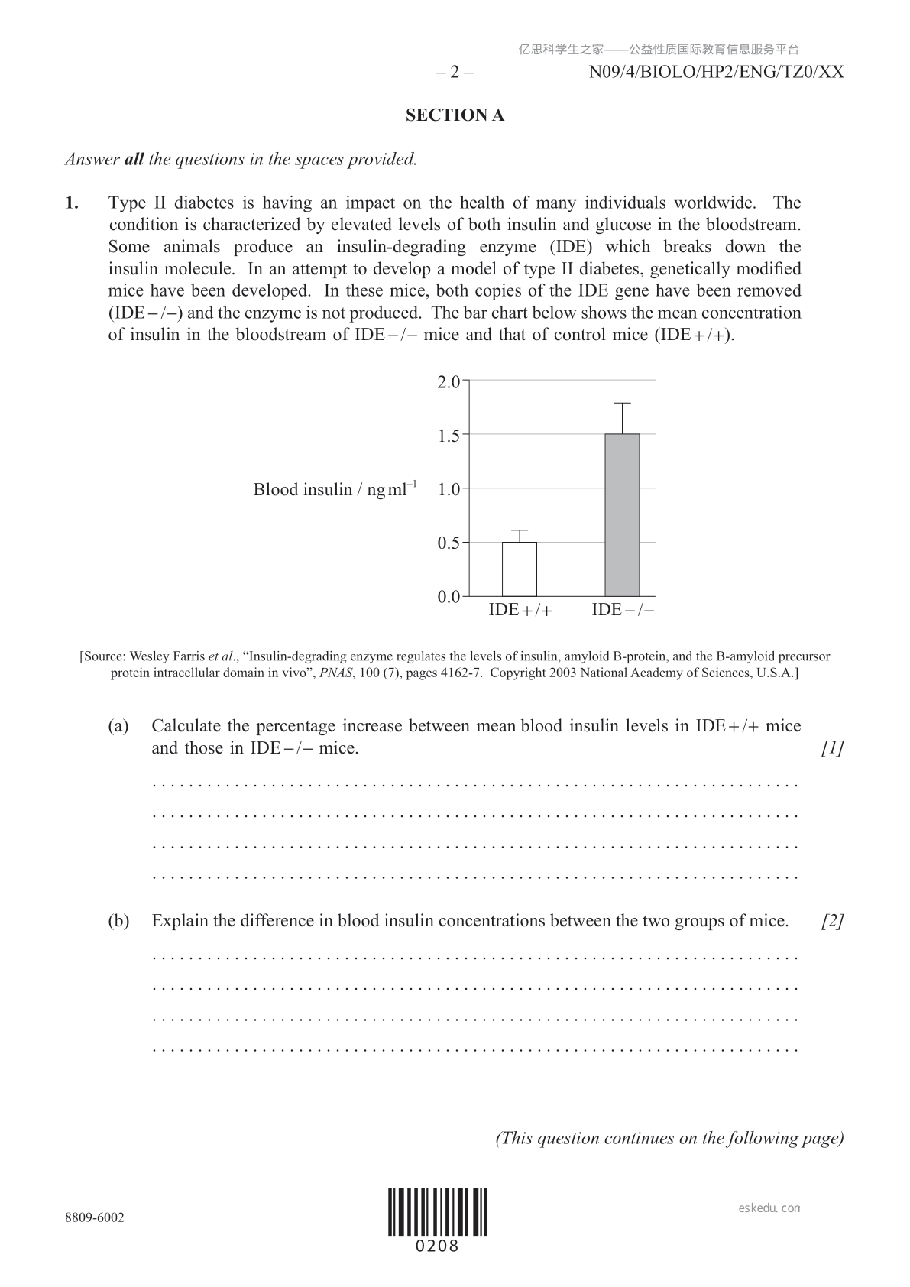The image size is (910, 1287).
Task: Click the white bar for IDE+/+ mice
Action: (x=519, y=569)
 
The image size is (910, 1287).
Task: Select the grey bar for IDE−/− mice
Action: (x=622, y=515)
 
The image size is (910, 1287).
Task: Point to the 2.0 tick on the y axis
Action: (x=449, y=381)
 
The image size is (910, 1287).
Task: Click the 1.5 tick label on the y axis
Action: (x=449, y=436)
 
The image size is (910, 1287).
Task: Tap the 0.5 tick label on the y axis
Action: (x=449, y=543)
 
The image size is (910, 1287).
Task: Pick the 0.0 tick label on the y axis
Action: (x=449, y=597)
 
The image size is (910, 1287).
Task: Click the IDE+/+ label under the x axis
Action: (x=520, y=610)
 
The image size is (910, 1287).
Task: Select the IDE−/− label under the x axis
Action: (x=623, y=610)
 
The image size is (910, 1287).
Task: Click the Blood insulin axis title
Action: (x=335, y=489)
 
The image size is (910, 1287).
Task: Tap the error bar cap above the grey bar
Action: (x=622, y=403)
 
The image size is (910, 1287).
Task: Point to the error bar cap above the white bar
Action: (x=520, y=530)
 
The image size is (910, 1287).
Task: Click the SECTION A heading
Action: (x=455, y=115)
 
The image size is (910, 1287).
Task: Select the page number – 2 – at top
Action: (x=455, y=73)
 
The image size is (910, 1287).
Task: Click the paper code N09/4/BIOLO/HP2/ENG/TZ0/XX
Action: (x=717, y=73)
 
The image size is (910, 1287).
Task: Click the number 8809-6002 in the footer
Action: (x=95, y=1217)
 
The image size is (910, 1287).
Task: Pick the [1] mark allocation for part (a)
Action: (x=832, y=748)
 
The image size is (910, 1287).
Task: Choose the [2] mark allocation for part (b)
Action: (x=832, y=921)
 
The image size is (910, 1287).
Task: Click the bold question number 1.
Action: (x=72, y=203)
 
